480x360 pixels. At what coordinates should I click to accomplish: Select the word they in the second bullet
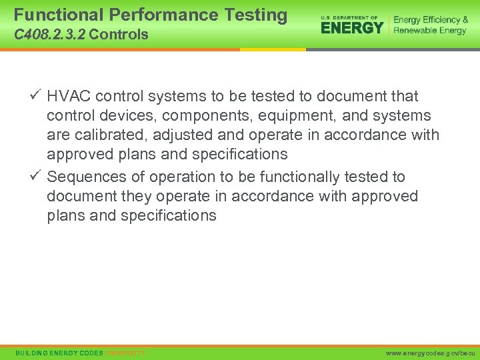pos(136,197)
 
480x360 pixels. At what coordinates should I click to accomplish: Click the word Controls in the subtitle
pos(118,35)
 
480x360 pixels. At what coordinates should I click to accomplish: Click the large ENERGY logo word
pos(352,28)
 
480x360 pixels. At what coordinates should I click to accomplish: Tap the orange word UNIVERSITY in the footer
pos(125,352)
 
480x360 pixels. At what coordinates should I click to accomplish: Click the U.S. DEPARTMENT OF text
pos(349,17)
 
